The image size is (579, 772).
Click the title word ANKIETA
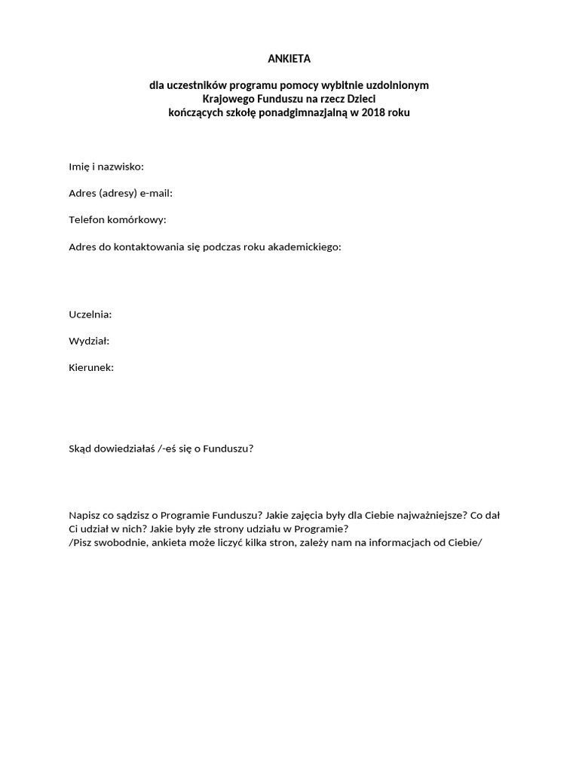pos(289,58)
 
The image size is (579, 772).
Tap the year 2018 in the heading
pos(373,112)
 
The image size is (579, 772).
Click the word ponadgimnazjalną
pos(298,112)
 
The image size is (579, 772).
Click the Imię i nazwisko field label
pos(106,166)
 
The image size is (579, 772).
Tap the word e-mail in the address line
pos(156,193)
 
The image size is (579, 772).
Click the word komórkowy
pos(138,219)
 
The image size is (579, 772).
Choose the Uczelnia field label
pos(90,314)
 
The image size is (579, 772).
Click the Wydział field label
pos(89,341)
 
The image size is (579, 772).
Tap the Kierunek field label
pos(91,368)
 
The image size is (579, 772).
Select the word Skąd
pos(80,449)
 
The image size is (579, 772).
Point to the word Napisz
pos(84,516)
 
